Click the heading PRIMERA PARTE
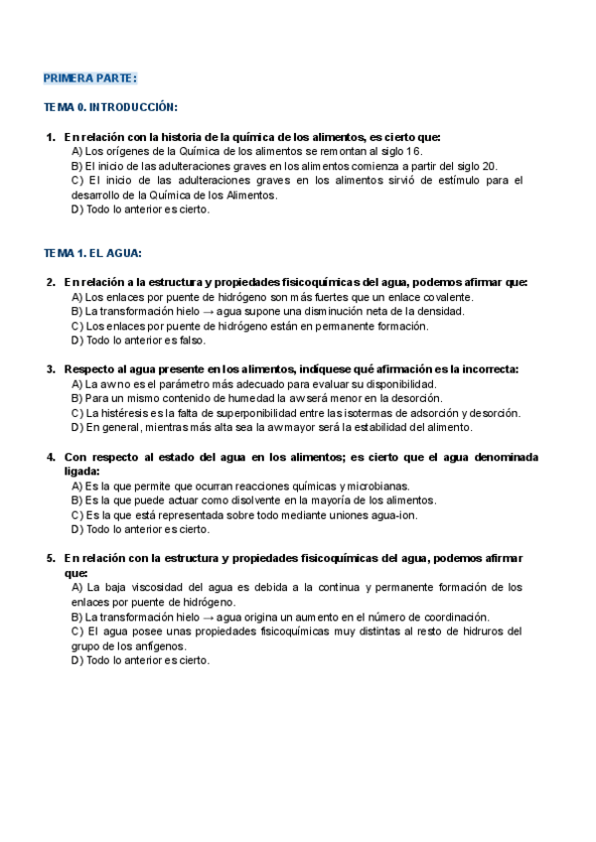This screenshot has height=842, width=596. click(90, 78)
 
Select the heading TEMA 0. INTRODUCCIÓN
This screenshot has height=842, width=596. click(111, 106)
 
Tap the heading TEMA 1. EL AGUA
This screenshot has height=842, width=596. click(93, 253)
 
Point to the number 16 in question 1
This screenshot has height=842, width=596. click(415, 151)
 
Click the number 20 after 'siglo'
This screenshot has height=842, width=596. click(491, 166)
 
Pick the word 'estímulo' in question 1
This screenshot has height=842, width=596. click(452, 181)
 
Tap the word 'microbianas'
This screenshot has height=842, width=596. click(378, 487)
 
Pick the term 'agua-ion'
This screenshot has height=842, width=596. click(391, 515)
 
